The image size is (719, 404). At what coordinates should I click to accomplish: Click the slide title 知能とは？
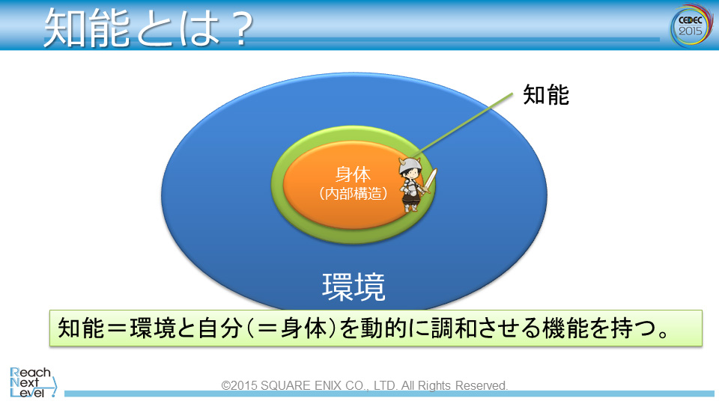pos(148,28)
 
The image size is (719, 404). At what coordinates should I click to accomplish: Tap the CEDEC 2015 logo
pos(691,25)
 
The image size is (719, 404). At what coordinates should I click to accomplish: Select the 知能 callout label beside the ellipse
pos(546,95)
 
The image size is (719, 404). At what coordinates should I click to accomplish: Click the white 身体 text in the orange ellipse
pos(353,174)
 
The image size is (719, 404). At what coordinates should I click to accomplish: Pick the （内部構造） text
pos(353,193)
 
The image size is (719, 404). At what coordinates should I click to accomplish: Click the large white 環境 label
pos(354,287)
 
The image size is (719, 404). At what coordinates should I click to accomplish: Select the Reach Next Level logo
pos(33,382)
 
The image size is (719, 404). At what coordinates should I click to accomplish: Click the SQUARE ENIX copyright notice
pos(365,386)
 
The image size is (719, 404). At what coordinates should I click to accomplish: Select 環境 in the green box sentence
pos(152,328)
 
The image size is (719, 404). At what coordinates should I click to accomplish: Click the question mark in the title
pos(242,28)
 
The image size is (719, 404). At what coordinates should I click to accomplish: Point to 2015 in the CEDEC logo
pos(691,31)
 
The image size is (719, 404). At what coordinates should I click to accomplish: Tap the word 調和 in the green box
pos(454,328)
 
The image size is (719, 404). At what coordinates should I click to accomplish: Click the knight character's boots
pos(410,207)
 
